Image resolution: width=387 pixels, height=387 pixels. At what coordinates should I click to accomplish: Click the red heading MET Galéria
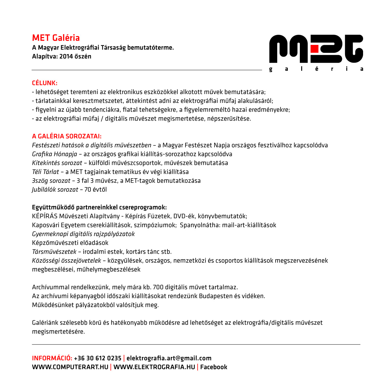coord(56,38)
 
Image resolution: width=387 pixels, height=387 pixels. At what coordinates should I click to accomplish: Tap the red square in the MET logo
coord(315,49)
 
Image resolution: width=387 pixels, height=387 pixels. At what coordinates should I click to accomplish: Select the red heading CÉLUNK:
coord(45,83)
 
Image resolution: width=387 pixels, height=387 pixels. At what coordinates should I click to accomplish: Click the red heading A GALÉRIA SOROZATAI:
coord(67,136)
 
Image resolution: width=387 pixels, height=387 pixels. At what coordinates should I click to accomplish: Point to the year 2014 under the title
coord(66,56)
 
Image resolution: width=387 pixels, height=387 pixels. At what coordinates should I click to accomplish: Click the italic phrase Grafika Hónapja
coord(54,154)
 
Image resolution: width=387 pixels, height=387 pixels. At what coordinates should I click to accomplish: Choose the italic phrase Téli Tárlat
coord(46,172)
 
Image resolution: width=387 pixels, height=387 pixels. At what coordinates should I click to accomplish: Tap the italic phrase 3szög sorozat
coord(51,181)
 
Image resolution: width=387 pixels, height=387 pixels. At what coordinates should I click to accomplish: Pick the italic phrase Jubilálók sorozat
coord(55,189)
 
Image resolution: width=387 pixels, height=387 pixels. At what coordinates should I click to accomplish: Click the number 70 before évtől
coord(88,189)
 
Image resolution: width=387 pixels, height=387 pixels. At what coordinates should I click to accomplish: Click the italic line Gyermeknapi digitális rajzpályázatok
coord(83,234)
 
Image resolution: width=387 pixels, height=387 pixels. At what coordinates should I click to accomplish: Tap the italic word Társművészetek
coord(54,252)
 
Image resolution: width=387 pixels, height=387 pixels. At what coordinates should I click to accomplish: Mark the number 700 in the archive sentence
coord(158,287)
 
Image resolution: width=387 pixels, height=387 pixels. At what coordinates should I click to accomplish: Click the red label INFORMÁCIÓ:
coord(52,358)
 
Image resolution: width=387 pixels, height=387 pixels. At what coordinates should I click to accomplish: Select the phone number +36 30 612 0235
coord(98,358)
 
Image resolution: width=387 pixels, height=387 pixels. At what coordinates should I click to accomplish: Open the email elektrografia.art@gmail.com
coord(169,358)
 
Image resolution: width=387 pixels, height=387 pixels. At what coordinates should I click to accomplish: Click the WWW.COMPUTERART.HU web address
coord(70,367)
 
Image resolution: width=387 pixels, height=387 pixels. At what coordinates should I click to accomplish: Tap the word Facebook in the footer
coord(214,367)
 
